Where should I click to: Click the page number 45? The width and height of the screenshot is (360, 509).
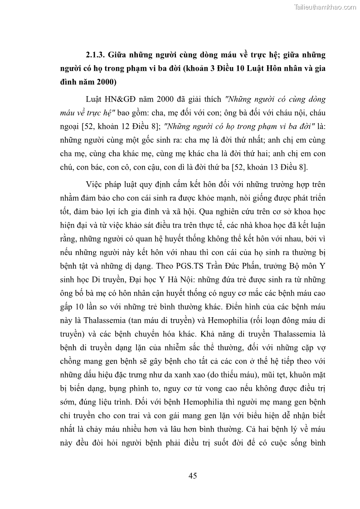[192, 475]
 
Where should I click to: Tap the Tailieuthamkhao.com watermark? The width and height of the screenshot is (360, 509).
[326, 7]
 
